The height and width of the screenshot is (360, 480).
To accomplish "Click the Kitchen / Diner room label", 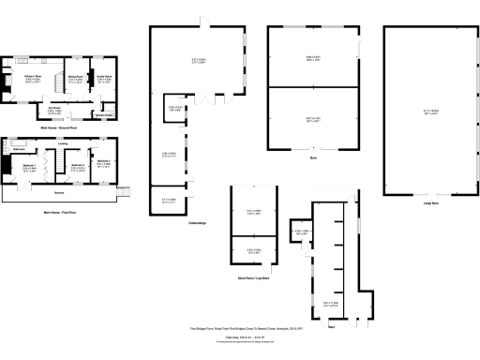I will click(x=33, y=77).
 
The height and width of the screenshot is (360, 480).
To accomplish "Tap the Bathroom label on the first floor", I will click(x=19, y=149).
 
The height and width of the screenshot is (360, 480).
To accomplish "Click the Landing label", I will click(x=61, y=143).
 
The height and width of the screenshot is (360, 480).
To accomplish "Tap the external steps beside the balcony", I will click(x=120, y=193).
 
